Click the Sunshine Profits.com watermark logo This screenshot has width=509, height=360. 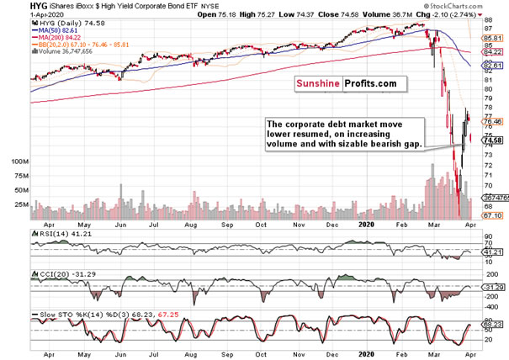(x=347, y=85)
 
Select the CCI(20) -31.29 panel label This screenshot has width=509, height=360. (x=60, y=275)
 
